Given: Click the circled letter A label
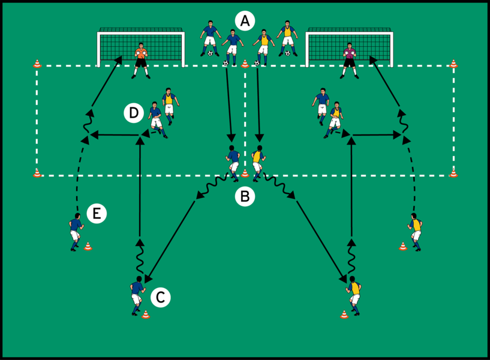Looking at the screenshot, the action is coord(245,21).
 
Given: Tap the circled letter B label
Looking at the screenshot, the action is coord(245,197).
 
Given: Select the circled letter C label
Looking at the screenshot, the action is coord(161,297).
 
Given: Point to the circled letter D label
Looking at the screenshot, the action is coord(134,113).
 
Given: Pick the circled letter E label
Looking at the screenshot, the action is coord(97,214).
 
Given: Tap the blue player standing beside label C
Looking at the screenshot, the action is coord(137,296).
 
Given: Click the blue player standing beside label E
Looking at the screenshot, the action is coord(76,232).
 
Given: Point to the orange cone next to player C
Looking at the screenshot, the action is coord(146,314).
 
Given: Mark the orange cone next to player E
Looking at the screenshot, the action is coord(88,246).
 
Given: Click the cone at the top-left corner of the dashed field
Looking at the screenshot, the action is coord(37,64).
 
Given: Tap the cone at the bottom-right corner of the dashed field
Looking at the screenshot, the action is coord(453,173).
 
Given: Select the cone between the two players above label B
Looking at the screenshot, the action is coord(245,173).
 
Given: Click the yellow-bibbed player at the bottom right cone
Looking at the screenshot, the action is coord(354,296).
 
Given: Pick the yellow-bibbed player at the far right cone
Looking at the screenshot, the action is coord(415,232).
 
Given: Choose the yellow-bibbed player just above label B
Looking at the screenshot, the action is coord(258,163).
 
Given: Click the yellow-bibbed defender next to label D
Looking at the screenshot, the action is coord(170,106).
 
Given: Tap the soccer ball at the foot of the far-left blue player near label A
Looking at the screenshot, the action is coord(211,53).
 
